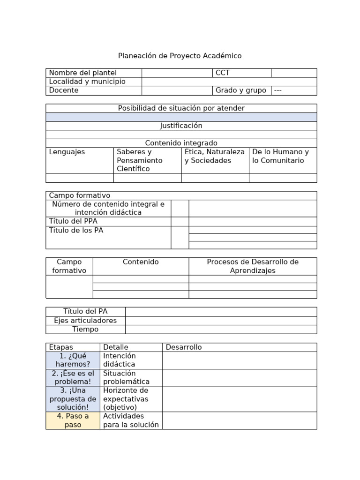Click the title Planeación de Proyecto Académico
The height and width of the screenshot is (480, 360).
[x=180, y=56]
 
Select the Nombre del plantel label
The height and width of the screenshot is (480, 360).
[x=83, y=73]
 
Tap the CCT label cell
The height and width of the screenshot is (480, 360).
[x=223, y=73]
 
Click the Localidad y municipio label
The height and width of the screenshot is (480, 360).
[x=87, y=82]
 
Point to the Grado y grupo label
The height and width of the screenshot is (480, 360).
[x=240, y=90]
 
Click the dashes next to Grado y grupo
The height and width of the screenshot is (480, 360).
[x=278, y=90]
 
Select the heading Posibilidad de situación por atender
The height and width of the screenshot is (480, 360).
[x=181, y=108]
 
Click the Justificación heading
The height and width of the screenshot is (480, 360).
[x=181, y=126]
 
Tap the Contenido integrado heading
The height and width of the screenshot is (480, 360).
[x=181, y=143]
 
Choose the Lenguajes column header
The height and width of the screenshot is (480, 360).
[x=67, y=152]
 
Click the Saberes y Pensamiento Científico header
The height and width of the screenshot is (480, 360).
[x=140, y=160]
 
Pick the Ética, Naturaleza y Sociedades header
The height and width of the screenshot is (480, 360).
[x=215, y=156]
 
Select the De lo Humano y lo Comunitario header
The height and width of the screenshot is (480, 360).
[x=280, y=156]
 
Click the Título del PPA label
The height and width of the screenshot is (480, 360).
[x=73, y=221]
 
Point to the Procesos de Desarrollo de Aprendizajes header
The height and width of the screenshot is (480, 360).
[x=253, y=266]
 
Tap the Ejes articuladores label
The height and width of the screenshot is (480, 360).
[x=85, y=321]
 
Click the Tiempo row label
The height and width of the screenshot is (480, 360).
[x=85, y=330]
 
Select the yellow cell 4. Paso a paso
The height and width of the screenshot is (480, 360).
[x=73, y=420]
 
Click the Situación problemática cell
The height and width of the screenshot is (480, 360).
[x=127, y=377]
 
